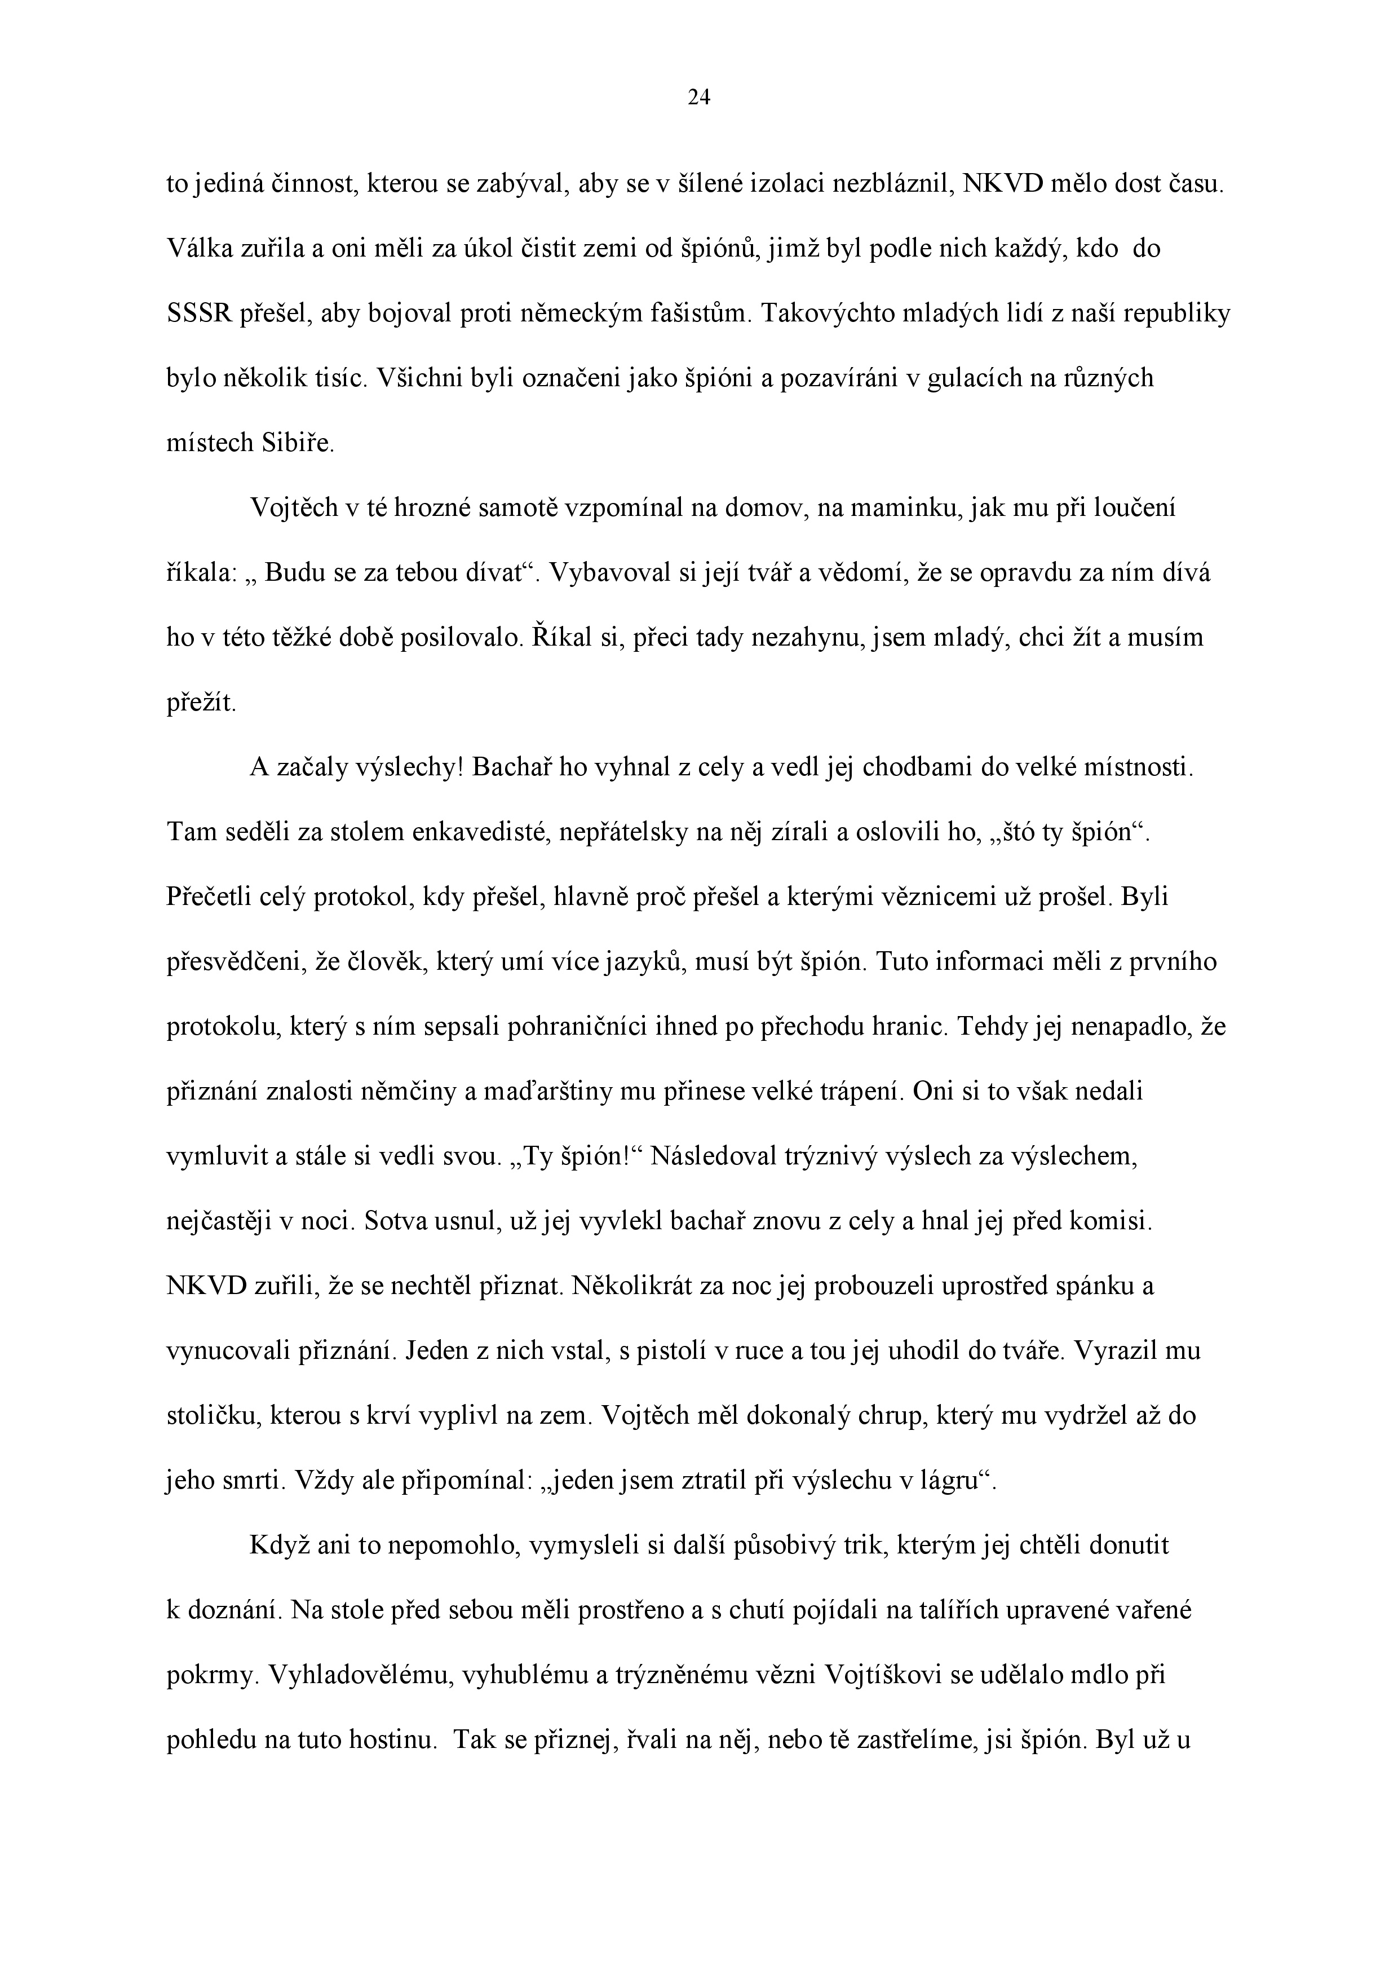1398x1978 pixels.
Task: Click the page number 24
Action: (x=698, y=98)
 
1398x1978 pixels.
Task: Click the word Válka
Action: (x=198, y=249)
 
